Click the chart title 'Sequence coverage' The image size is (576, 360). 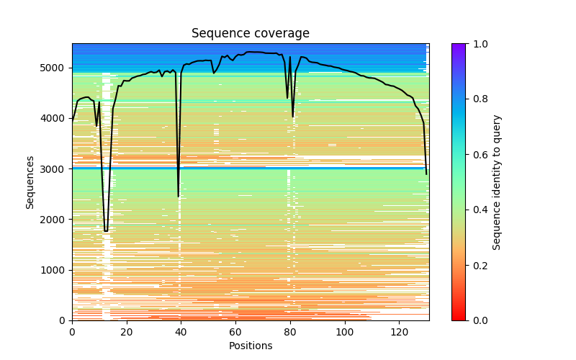(250, 34)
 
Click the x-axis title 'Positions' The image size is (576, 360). (250, 346)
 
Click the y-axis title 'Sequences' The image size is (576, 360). (30, 181)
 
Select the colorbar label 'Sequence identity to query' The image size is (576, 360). (497, 181)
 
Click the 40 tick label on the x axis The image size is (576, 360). (181, 332)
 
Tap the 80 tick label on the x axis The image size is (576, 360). (290, 332)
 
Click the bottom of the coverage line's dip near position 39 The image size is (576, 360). (179, 197)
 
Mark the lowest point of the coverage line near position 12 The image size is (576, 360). (106, 231)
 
